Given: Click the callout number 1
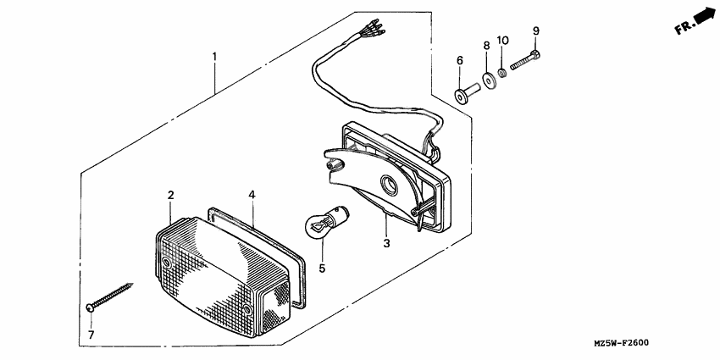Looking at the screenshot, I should point(214,57).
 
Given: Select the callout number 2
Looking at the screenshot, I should point(170,196).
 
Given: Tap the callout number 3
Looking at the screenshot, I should point(386,243).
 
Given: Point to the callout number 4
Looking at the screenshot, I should point(252,194).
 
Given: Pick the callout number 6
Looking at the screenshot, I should point(460,61).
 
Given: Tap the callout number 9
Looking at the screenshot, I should point(535,31).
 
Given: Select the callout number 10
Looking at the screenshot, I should point(502,40).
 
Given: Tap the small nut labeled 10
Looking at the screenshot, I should point(504,73).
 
